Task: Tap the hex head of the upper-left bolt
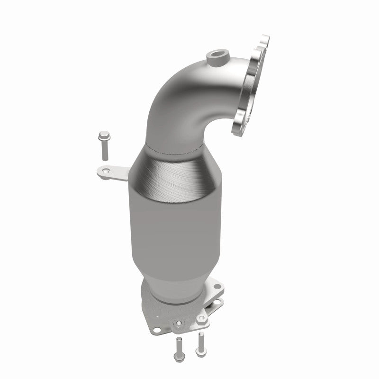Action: coord(102,138)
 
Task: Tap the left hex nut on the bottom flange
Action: coord(179,324)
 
